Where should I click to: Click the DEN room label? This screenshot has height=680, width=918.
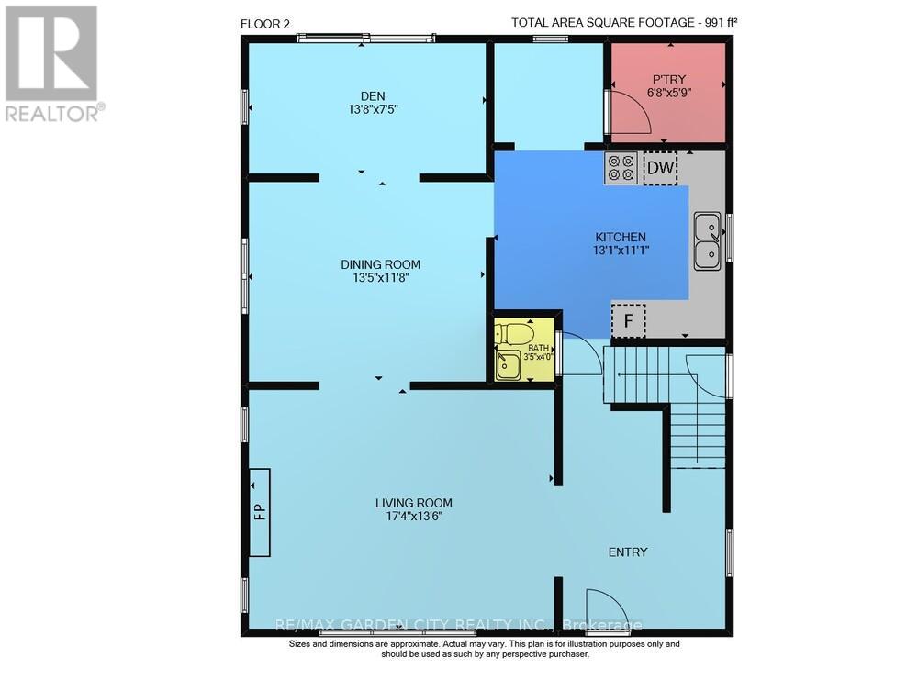pyautogui.click(x=372, y=96)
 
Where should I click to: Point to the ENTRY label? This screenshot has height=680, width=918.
pyautogui.click(x=628, y=552)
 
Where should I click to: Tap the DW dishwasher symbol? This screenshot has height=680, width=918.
pyautogui.click(x=660, y=168)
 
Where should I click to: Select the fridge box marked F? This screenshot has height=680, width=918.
pyautogui.click(x=628, y=321)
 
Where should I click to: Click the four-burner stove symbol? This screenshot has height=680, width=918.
pyautogui.click(x=621, y=168)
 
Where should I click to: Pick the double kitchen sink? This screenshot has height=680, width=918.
pyautogui.click(x=707, y=241)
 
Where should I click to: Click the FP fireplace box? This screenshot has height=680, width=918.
pyautogui.click(x=259, y=511)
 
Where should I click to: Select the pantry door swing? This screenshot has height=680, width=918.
pyautogui.click(x=629, y=112)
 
